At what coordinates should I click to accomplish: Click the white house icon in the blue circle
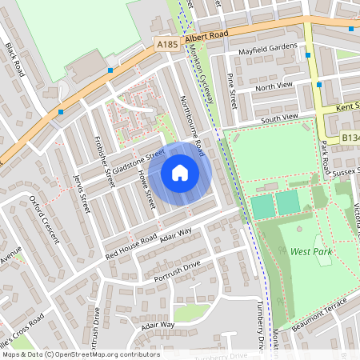(180, 172)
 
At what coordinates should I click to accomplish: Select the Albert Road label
(206, 36)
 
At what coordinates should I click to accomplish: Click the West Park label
(310, 251)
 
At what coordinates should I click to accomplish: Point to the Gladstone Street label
(138, 162)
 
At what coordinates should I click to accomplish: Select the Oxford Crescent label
(44, 218)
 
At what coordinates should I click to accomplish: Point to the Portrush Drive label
(175, 271)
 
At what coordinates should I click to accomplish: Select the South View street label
(279, 118)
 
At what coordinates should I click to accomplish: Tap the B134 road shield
(349, 137)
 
